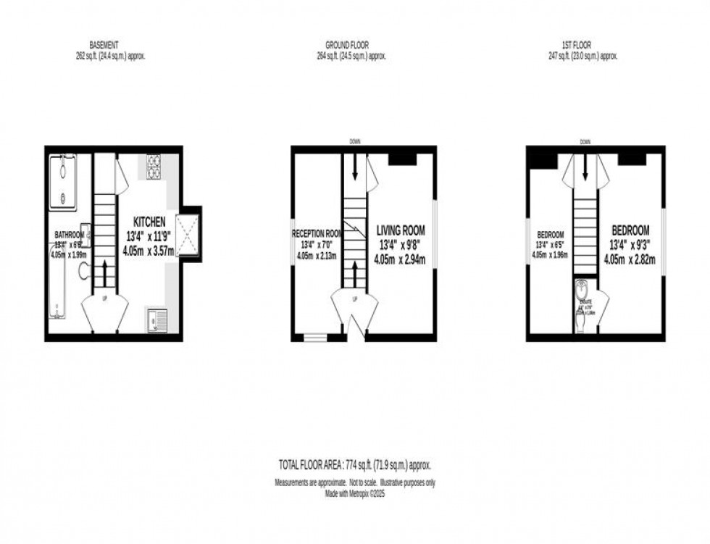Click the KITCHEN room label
point(149,221)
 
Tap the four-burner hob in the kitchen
point(154,166)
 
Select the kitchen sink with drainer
point(157,319)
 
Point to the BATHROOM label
point(70,235)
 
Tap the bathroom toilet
point(83,271)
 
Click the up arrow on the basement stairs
point(105,274)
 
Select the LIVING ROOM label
point(400,230)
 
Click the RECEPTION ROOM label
point(317,234)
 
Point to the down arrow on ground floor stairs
point(354,167)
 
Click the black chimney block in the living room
point(401,159)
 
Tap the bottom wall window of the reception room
point(315,337)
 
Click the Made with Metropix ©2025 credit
point(355,494)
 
